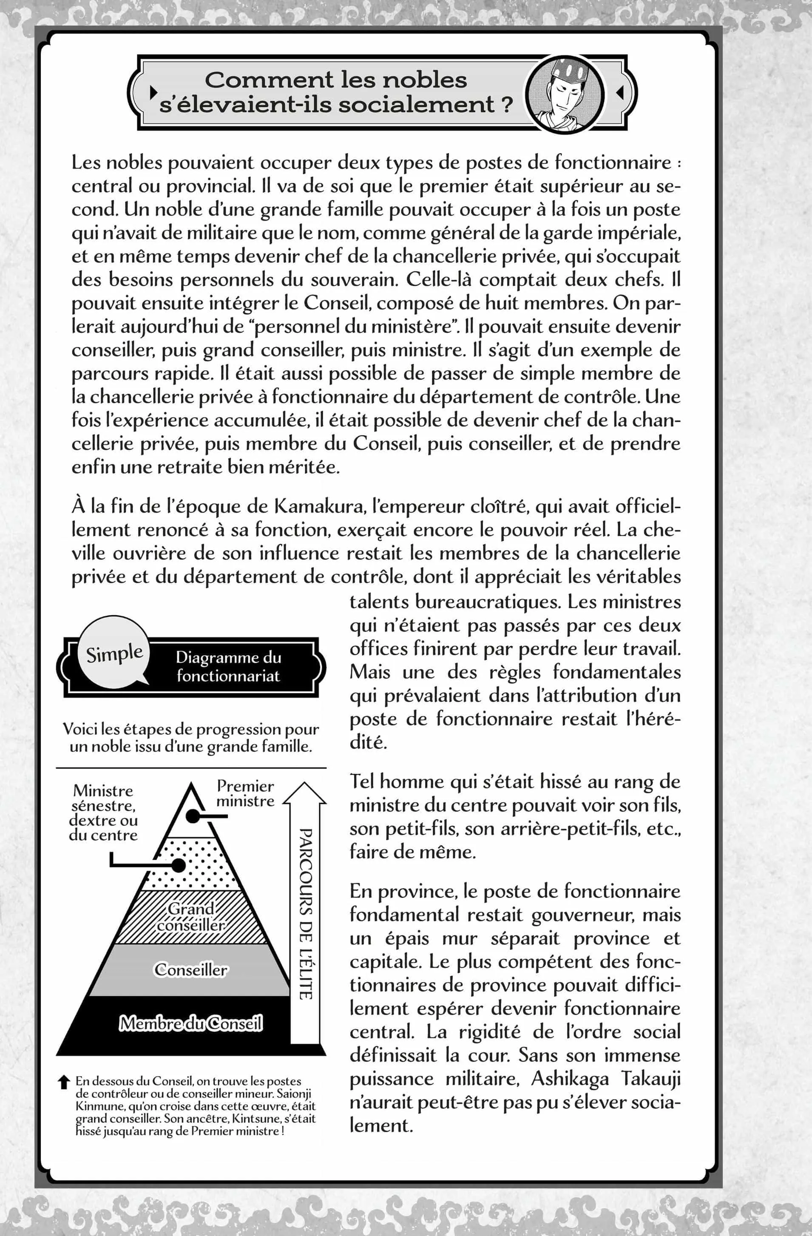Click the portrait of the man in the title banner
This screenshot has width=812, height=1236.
click(564, 94)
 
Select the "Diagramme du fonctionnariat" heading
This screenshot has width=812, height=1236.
click(228, 666)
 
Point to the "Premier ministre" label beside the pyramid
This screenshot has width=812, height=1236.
click(245, 793)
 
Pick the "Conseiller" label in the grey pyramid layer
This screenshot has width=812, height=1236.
click(191, 969)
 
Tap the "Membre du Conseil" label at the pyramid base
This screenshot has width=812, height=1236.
click(191, 1023)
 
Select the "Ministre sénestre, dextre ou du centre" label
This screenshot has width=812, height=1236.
click(104, 813)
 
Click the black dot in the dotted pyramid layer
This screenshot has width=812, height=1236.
click(179, 866)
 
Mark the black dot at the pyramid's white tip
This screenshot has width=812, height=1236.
click(193, 816)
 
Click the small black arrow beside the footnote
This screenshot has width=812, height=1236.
click(64, 1082)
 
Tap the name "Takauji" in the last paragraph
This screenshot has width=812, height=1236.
click(650, 1079)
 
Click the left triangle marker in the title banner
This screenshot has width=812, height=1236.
click(153, 92)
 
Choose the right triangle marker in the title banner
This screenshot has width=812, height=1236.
click(619, 92)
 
